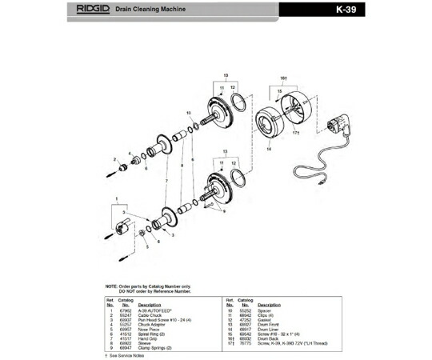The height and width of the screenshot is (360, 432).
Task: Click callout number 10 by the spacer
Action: coord(187,114)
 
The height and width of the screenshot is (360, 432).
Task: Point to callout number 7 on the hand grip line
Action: coord(166,182)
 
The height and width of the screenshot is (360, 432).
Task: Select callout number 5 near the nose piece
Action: coord(146,248)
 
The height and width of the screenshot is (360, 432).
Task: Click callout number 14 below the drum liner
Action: coord(269,149)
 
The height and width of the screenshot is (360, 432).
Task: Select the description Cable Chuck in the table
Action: coord(150,315)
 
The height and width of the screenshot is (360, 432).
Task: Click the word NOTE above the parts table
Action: coord(112,286)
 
